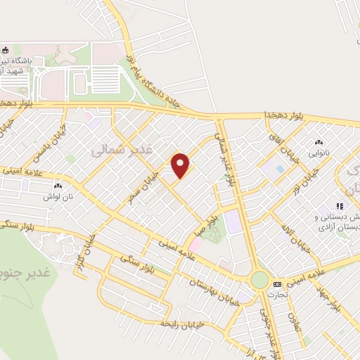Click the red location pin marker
pos(181,165)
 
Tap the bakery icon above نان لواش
pos(58,186)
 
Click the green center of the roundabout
pos(260,279)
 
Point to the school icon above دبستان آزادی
pos(339,207)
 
